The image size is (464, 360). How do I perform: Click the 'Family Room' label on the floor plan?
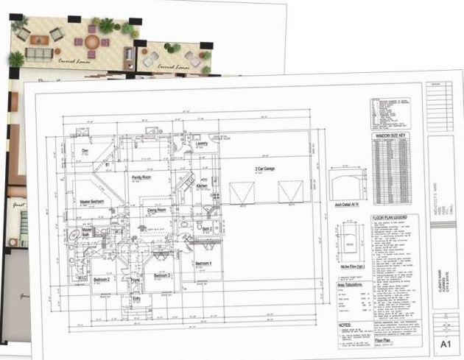pyautogui.click(x=141, y=178)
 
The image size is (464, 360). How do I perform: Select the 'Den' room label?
pyautogui.click(x=85, y=152)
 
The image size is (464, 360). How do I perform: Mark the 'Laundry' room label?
pyautogui.click(x=202, y=144)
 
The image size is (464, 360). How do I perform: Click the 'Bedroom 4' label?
pyautogui.click(x=205, y=263)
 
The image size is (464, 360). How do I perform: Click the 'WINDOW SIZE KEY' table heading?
pyautogui.click(x=396, y=136)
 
